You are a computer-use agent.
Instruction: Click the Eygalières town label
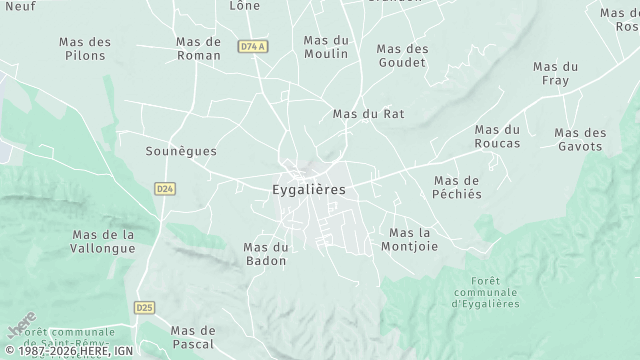click(x=309, y=189)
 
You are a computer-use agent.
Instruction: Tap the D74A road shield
click(x=252, y=47)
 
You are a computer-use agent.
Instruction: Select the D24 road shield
click(x=165, y=187)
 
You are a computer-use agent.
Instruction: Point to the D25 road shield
click(x=144, y=308)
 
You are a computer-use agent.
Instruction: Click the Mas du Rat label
click(x=368, y=114)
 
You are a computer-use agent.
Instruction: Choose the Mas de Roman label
click(x=198, y=48)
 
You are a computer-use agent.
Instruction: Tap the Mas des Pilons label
click(x=85, y=48)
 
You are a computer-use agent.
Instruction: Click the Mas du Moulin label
click(x=326, y=47)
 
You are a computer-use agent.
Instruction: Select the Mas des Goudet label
click(x=402, y=55)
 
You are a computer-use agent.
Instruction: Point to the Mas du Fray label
click(x=557, y=72)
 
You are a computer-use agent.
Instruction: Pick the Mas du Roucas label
click(x=497, y=136)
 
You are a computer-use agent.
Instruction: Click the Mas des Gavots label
click(x=580, y=139)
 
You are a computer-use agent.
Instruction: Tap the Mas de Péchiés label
click(x=457, y=187)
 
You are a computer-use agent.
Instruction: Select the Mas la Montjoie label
click(x=409, y=239)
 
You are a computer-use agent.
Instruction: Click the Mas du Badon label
click(x=265, y=254)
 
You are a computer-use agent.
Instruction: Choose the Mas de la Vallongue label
click(x=103, y=242)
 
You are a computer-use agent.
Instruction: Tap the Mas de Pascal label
click(x=192, y=337)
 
